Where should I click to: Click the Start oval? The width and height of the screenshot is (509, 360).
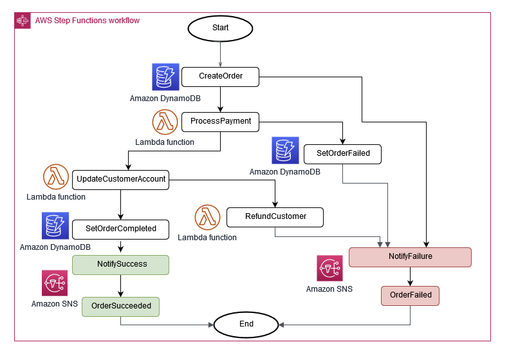(220, 28)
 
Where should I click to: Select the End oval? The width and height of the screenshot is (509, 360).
(246, 324)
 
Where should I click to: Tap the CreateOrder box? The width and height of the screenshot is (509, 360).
(220, 76)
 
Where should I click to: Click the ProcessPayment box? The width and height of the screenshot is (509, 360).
(220, 120)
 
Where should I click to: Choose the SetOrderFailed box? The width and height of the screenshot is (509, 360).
(342, 155)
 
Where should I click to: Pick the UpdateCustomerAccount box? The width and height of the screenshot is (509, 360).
(120, 179)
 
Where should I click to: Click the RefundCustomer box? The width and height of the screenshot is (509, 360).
(275, 216)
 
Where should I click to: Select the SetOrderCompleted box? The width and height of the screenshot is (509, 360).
(120, 228)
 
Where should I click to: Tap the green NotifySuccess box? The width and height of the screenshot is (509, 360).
(120, 264)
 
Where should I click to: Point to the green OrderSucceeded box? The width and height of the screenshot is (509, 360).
(120, 306)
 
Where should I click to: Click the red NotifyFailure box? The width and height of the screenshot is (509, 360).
(410, 256)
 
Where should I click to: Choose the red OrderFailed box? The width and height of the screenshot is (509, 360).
(410, 296)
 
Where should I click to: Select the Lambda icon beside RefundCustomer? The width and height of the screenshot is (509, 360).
(207, 218)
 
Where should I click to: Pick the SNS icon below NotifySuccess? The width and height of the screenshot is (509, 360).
(54, 283)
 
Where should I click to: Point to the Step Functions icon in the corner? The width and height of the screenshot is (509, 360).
(23, 21)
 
